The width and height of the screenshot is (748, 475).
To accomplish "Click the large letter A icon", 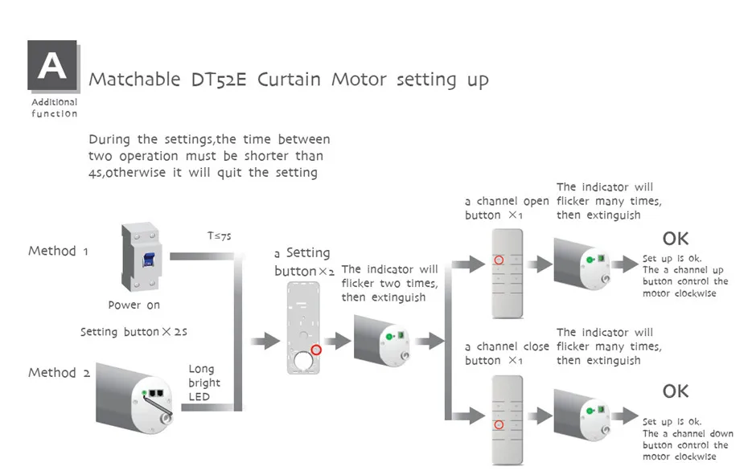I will coord(52,65).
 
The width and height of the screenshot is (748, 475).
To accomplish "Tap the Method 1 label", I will coord(58,251).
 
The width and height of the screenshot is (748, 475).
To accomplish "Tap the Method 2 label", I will coord(58,372).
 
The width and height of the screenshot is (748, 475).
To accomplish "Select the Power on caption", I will coord(134,305).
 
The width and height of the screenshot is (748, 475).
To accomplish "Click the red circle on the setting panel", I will coord(316,350).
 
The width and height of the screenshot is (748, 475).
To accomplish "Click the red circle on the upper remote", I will coord(499,260).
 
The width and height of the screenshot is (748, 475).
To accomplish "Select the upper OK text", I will coord(676,239).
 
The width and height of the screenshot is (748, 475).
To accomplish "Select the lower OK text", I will coord(676,391).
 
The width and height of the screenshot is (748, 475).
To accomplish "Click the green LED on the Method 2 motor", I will coord(145,392).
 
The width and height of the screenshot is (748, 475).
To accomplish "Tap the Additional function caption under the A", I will coord(54,108).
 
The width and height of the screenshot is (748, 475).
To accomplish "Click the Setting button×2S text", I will coord(134,332).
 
